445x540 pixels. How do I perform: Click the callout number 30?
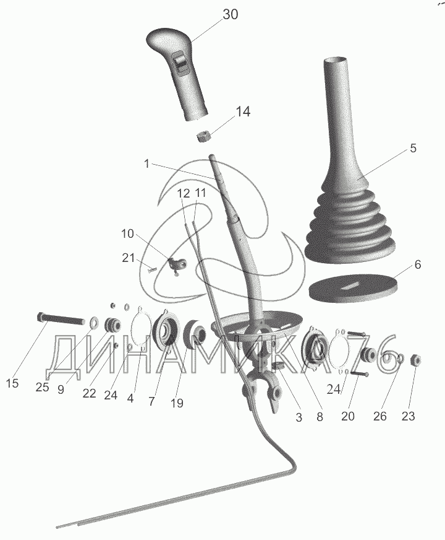(x=231, y=14)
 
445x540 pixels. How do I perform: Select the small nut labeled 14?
(x=204, y=136)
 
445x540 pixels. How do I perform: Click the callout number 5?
(x=413, y=148)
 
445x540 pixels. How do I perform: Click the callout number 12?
(x=184, y=194)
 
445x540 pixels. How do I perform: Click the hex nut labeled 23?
(x=415, y=360)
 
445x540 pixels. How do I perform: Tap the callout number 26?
(x=380, y=416)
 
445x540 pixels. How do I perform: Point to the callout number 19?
(x=177, y=403)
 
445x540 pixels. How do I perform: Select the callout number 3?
(x=299, y=417)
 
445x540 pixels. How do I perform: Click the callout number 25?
(x=42, y=387)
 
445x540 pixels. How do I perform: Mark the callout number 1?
(x=146, y=164)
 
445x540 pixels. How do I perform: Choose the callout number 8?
(x=320, y=417)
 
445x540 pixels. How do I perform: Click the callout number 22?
(x=89, y=393)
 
